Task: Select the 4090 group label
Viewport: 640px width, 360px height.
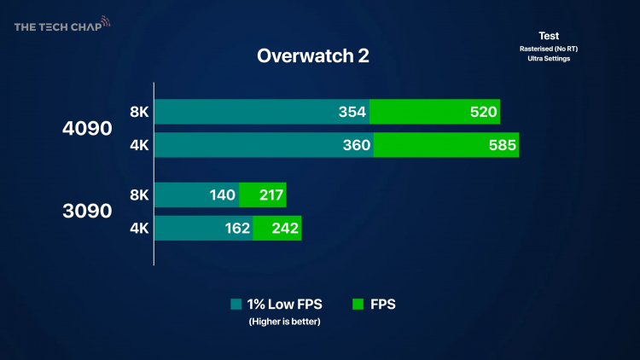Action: coord(88,129)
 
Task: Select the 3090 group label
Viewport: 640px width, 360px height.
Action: coord(88,211)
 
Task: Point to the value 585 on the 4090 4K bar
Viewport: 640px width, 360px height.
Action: coord(501,145)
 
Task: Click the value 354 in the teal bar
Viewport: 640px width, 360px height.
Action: coord(352,112)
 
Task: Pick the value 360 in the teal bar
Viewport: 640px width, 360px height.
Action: coord(357,145)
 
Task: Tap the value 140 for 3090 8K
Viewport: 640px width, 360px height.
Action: coord(222,195)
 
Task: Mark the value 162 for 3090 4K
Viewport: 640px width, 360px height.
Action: coord(236,228)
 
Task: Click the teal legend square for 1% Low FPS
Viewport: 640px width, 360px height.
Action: coord(236,304)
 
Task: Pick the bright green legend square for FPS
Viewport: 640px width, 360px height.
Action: coord(357,304)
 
